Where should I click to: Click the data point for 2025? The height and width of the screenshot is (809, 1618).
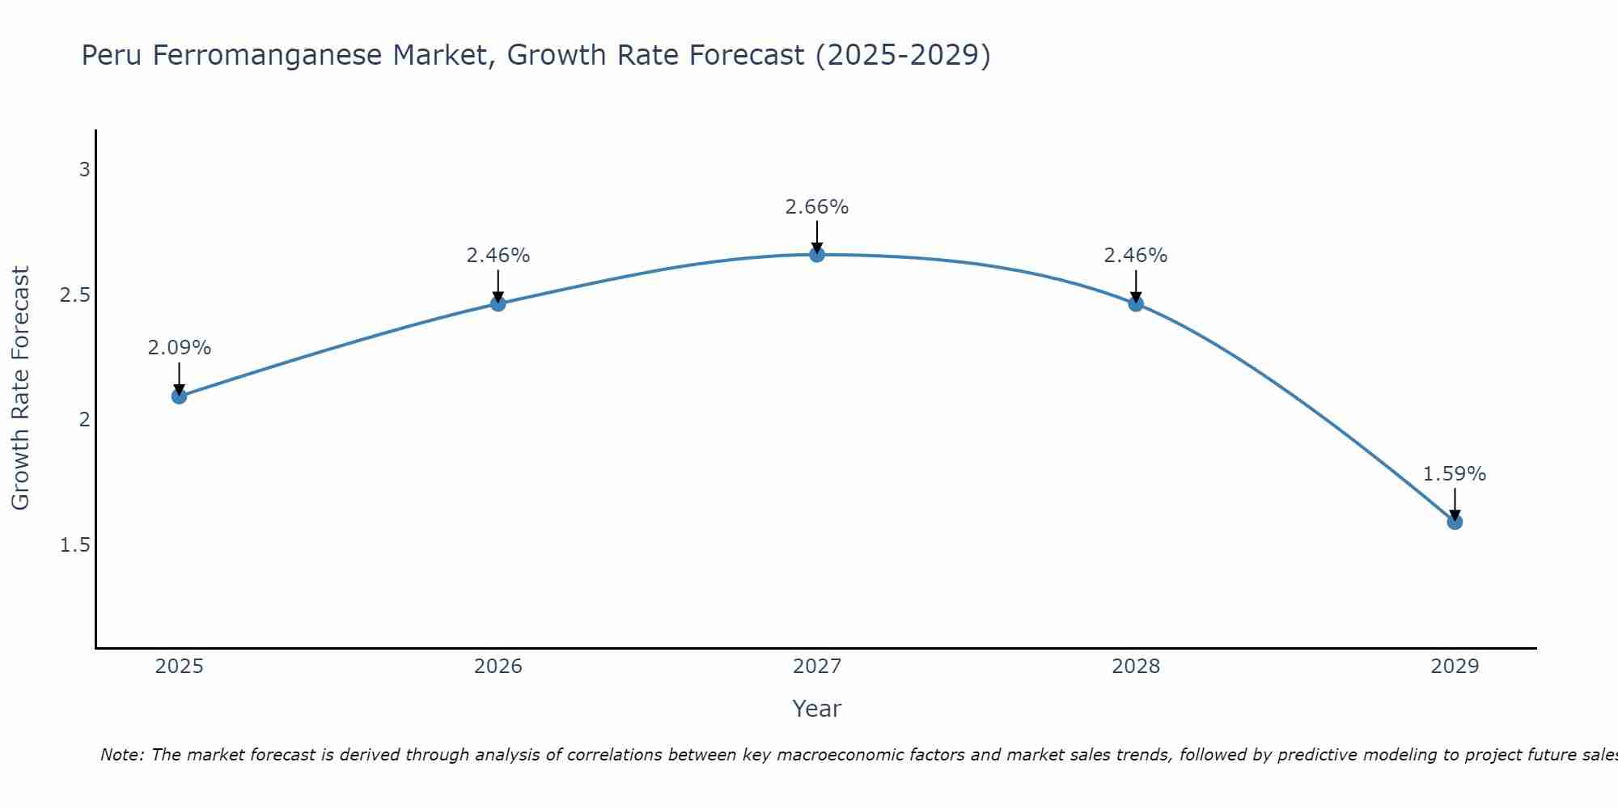coord(180,396)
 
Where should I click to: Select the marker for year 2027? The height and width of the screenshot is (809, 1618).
coord(817,255)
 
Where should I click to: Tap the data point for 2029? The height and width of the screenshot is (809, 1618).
coord(1455,522)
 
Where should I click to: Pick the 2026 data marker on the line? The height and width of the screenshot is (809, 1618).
coord(498,303)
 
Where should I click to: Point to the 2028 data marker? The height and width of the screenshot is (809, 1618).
coord(1136,303)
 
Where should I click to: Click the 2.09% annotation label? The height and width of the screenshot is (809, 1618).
coord(180,348)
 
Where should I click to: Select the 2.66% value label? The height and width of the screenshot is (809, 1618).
coord(817,207)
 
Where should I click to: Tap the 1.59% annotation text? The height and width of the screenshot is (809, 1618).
coord(1455,474)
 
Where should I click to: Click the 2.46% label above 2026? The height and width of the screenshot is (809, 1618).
coord(498,256)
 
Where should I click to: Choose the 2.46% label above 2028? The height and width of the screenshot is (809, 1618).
coord(1136,256)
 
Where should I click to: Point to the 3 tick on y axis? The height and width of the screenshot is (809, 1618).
coord(84,170)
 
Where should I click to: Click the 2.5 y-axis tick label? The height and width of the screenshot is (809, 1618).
coord(75,295)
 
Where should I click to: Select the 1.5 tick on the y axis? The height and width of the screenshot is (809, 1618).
coord(75,545)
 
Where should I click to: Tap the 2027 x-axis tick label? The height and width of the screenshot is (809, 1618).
coord(817,667)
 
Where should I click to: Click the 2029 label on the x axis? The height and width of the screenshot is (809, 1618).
coord(1455,667)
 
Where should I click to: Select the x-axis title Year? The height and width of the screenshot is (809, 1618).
coord(817,709)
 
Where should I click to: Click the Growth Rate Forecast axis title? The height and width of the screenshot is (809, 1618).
coord(20,388)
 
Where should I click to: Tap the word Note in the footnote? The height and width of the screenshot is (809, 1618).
coord(121,755)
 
